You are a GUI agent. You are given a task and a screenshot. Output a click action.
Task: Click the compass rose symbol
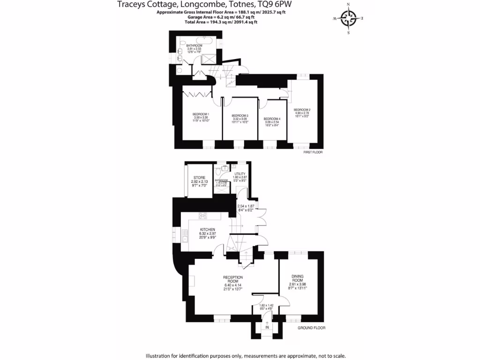[348, 19]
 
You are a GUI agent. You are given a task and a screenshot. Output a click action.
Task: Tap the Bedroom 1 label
[201, 114]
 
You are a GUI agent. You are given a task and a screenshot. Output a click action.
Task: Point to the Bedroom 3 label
[240, 115]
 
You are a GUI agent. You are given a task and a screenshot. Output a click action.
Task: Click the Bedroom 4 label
[272, 119]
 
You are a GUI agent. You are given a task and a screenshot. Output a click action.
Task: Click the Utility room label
[240, 174]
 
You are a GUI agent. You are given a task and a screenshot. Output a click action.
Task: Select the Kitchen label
[207, 229]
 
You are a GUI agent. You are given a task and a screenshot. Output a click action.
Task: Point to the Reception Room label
[233, 279]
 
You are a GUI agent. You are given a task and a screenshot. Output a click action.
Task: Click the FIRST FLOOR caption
[313, 152]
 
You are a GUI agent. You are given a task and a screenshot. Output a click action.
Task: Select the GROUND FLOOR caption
[311, 328]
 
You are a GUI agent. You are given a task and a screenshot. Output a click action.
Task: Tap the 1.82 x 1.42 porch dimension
[266, 305]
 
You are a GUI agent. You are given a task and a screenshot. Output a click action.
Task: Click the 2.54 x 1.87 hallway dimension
[246, 206]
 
